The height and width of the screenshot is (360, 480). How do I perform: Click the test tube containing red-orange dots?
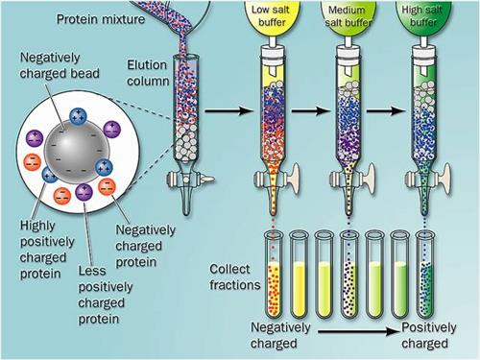[275, 275]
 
